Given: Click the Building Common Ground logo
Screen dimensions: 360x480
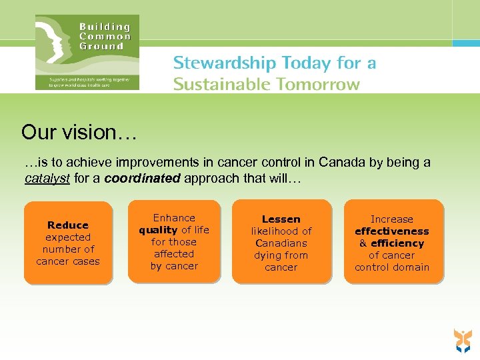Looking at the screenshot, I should [x=87, y=52].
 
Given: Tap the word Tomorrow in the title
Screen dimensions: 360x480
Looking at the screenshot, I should [x=323, y=85].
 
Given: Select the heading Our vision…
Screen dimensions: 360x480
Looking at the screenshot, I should [x=79, y=132].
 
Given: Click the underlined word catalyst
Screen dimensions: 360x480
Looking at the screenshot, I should [x=47, y=178].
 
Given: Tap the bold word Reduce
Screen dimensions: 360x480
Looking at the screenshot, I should [x=68, y=225].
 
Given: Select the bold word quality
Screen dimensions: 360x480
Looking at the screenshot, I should [x=158, y=230].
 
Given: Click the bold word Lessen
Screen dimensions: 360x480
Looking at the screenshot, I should [x=281, y=219].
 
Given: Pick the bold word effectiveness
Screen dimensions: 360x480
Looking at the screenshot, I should [x=392, y=231].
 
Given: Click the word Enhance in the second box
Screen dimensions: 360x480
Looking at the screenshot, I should [x=174, y=218].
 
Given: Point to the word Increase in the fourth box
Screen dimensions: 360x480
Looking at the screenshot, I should [x=392, y=219].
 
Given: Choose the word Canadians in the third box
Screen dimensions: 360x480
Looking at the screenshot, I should [x=281, y=243].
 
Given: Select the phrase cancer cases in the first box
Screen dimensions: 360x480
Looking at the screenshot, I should [x=68, y=261].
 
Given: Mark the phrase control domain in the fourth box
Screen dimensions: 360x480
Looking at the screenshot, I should [x=392, y=267].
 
